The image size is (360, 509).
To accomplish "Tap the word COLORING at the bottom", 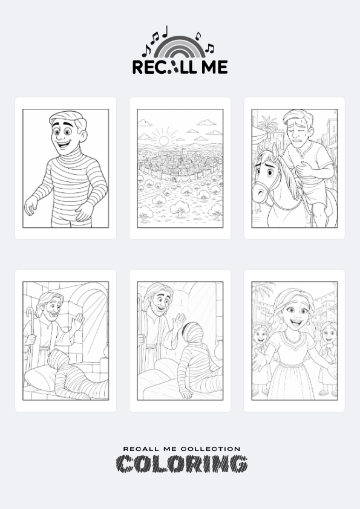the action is tap(182, 464).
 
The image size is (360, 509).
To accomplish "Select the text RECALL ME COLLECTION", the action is tap(182, 449).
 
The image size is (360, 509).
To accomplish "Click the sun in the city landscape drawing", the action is tap(163, 141).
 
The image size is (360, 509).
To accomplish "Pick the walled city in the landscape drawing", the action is tap(180, 164).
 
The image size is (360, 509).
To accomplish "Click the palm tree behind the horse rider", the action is tap(269, 125).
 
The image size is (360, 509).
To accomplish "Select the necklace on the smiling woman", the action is tap(293, 337).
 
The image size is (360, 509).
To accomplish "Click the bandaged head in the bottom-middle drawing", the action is tap(194, 334).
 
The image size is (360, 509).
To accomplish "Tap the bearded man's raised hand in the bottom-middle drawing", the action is tap(178, 322).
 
